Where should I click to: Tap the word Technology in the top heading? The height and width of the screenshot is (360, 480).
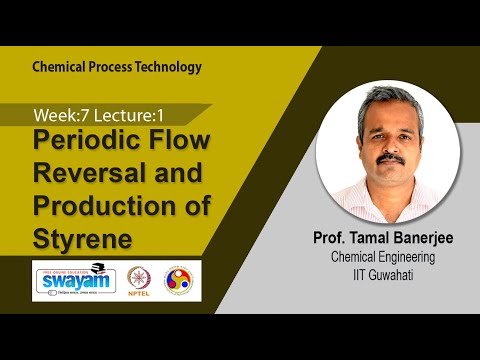[169, 67]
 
